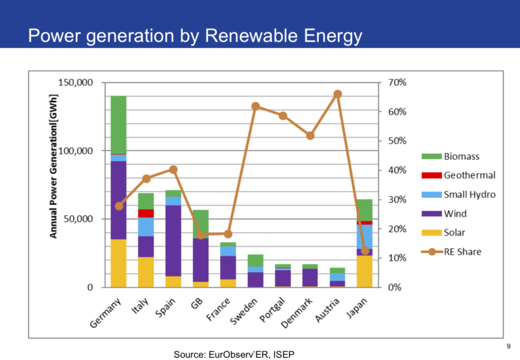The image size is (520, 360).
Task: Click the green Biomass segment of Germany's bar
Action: pos(118,125)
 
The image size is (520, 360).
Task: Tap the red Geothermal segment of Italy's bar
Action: pos(146,213)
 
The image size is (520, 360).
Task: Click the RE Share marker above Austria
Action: pos(338,94)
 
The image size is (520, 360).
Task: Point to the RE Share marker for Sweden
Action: pos(255,106)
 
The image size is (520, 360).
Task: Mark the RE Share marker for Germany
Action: pos(119,206)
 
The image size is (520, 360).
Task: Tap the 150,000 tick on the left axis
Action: pos(79,83)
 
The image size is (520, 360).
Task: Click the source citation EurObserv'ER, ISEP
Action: pos(234,354)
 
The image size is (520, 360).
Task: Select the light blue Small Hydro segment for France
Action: pos(228,250)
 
